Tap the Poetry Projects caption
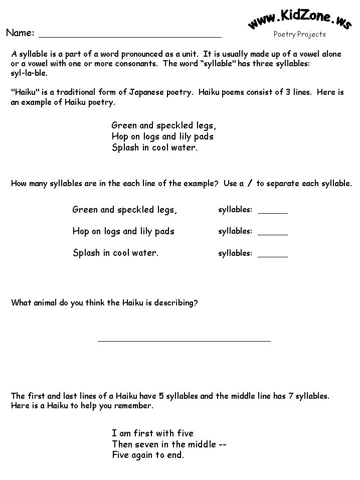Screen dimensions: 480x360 (299, 35)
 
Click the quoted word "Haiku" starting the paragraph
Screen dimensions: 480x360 (23, 93)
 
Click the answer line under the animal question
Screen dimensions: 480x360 (184, 340)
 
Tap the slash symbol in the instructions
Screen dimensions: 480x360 (249, 184)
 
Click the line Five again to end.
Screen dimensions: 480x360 (148, 455)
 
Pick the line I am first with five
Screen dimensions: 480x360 (152, 433)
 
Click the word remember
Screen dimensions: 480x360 (136, 406)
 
